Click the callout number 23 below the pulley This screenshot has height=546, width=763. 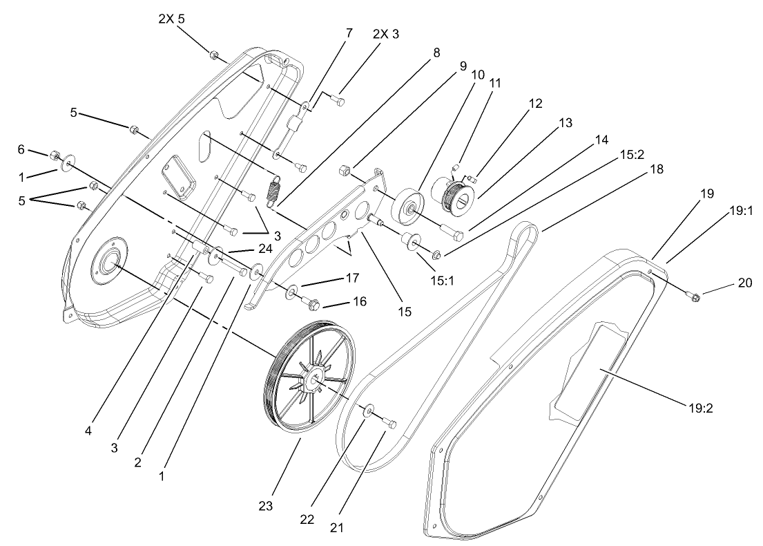(x=266, y=507)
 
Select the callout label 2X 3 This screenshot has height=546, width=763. (x=385, y=33)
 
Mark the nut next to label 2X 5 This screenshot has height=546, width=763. (x=215, y=55)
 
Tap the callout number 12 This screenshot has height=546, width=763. (x=536, y=104)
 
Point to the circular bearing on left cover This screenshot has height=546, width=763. (x=108, y=263)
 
